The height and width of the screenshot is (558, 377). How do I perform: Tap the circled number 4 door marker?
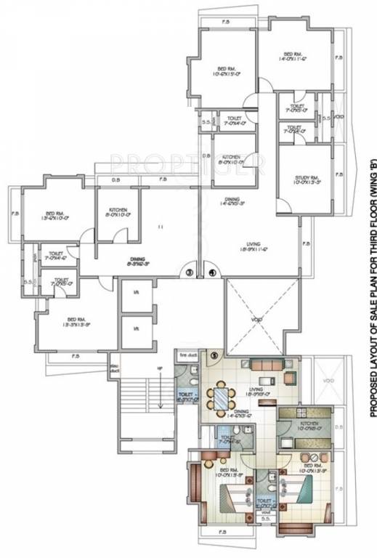click(x=211, y=273)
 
